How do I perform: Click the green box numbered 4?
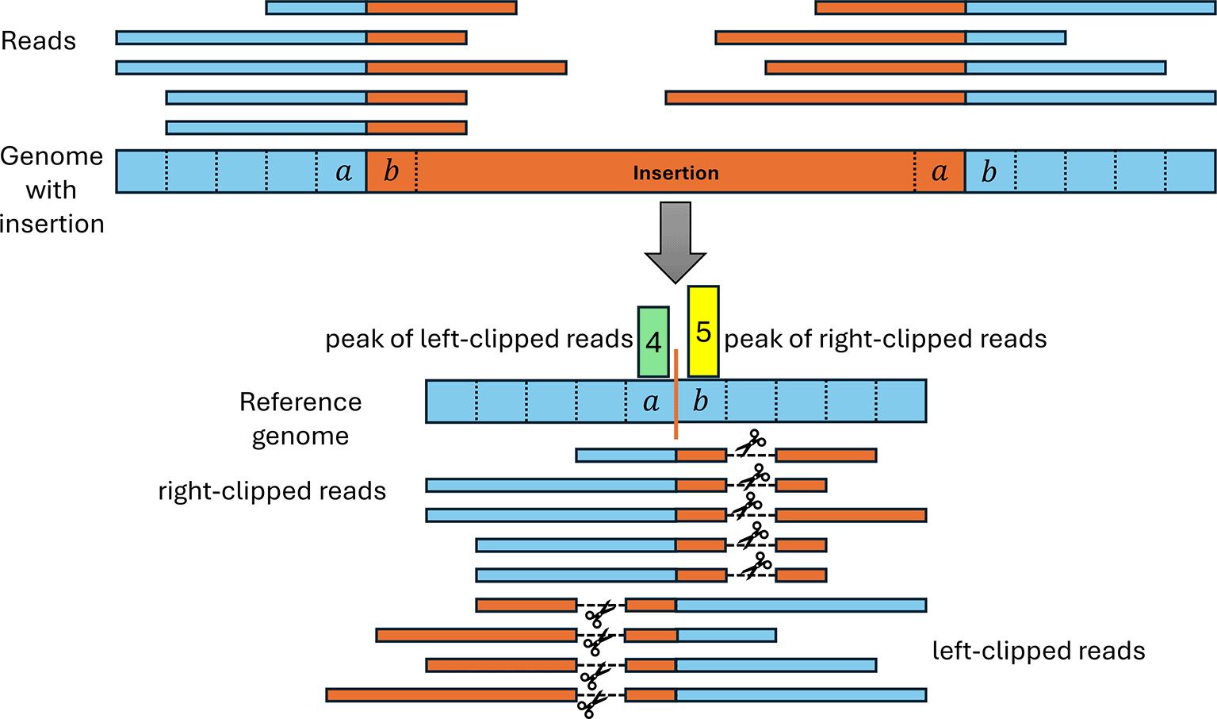coord(653,342)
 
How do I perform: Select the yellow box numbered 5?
coord(703,331)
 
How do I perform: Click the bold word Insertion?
coord(675,173)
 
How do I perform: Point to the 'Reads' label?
coord(38,41)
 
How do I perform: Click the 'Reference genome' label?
coord(300,418)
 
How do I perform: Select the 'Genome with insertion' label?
coord(52,190)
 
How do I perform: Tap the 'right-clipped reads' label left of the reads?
coord(272,491)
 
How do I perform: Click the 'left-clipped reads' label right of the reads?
coord(1039,651)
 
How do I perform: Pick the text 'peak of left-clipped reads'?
coord(479,339)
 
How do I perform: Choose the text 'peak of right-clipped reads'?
coord(886,339)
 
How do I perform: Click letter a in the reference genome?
coord(651,402)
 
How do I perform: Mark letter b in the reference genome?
coord(700,402)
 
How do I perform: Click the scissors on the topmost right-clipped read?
coord(750,444)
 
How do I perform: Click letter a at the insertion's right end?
coord(940,171)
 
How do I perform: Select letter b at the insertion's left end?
coord(391,171)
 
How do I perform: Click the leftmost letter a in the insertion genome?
coord(343,171)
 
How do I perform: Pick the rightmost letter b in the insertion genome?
coord(989,171)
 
